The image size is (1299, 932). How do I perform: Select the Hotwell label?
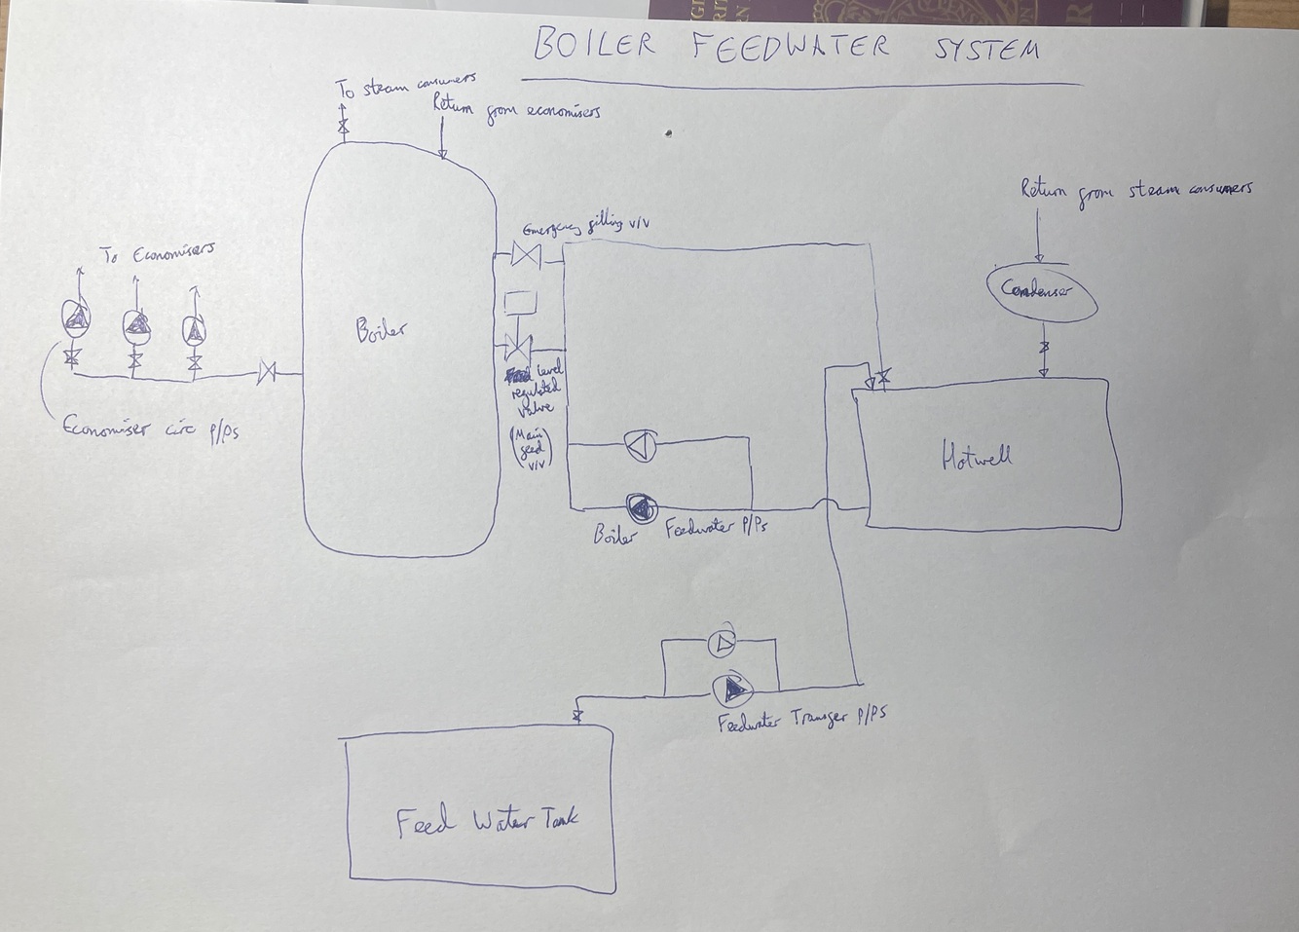(x=977, y=455)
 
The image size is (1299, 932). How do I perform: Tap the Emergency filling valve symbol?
(x=527, y=256)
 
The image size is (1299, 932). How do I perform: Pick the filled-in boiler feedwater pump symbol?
(x=642, y=506)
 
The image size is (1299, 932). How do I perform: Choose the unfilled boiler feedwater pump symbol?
(x=640, y=447)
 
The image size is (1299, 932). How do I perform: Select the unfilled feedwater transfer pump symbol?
(x=721, y=641)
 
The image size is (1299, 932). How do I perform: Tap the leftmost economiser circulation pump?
(x=76, y=316)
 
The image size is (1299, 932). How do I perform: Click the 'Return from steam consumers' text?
(x=1135, y=190)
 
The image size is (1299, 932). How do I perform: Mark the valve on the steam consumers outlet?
(x=343, y=127)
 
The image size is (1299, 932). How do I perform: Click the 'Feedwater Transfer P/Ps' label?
(x=801, y=720)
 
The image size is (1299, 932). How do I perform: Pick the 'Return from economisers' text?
(x=516, y=107)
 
